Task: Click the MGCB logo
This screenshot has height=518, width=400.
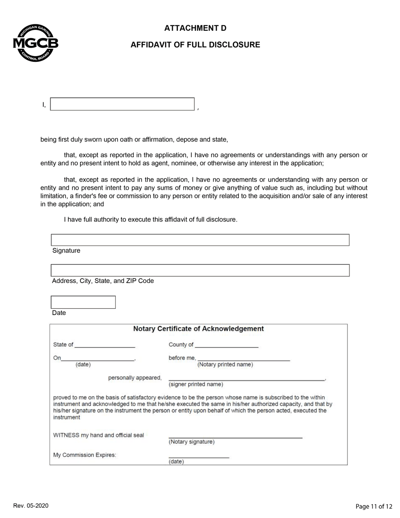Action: coord(35,43)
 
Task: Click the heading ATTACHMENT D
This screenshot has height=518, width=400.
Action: coord(195,28)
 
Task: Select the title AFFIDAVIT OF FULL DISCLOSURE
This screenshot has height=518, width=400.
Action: coord(195,45)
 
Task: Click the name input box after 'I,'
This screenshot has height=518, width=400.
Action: coord(122,104)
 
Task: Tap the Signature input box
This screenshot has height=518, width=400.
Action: coord(200,240)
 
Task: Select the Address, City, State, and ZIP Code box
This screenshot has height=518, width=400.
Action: coord(200,270)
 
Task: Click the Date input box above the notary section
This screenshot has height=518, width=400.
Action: coord(83,302)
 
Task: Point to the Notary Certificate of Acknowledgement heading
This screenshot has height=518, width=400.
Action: coord(198,329)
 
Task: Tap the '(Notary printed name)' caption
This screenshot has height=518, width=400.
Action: coord(225,365)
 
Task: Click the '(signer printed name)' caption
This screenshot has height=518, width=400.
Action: coord(196,384)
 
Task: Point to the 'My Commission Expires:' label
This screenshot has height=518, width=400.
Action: coord(85,455)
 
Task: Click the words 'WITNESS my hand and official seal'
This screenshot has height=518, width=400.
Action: coord(99,435)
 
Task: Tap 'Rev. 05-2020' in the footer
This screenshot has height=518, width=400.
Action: coord(31,506)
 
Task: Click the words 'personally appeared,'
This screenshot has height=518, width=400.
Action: coord(135,378)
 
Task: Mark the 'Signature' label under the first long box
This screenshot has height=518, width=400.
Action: coord(66,251)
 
